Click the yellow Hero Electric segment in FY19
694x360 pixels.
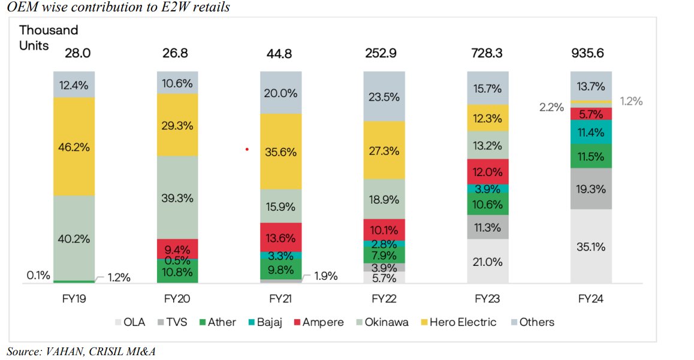click(74, 146)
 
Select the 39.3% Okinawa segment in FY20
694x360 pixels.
click(177, 198)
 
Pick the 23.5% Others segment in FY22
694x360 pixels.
click(384, 96)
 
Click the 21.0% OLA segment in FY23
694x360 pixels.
click(487, 261)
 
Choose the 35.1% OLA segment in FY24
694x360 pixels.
click(591, 246)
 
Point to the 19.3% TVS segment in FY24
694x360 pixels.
click(591, 189)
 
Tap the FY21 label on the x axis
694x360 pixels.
click(281, 298)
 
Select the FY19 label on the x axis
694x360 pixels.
click(74, 298)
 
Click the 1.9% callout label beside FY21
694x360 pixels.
click(325, 276)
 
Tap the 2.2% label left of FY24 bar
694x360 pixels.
click(552, 108)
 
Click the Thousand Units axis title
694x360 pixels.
click(49, 37)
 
